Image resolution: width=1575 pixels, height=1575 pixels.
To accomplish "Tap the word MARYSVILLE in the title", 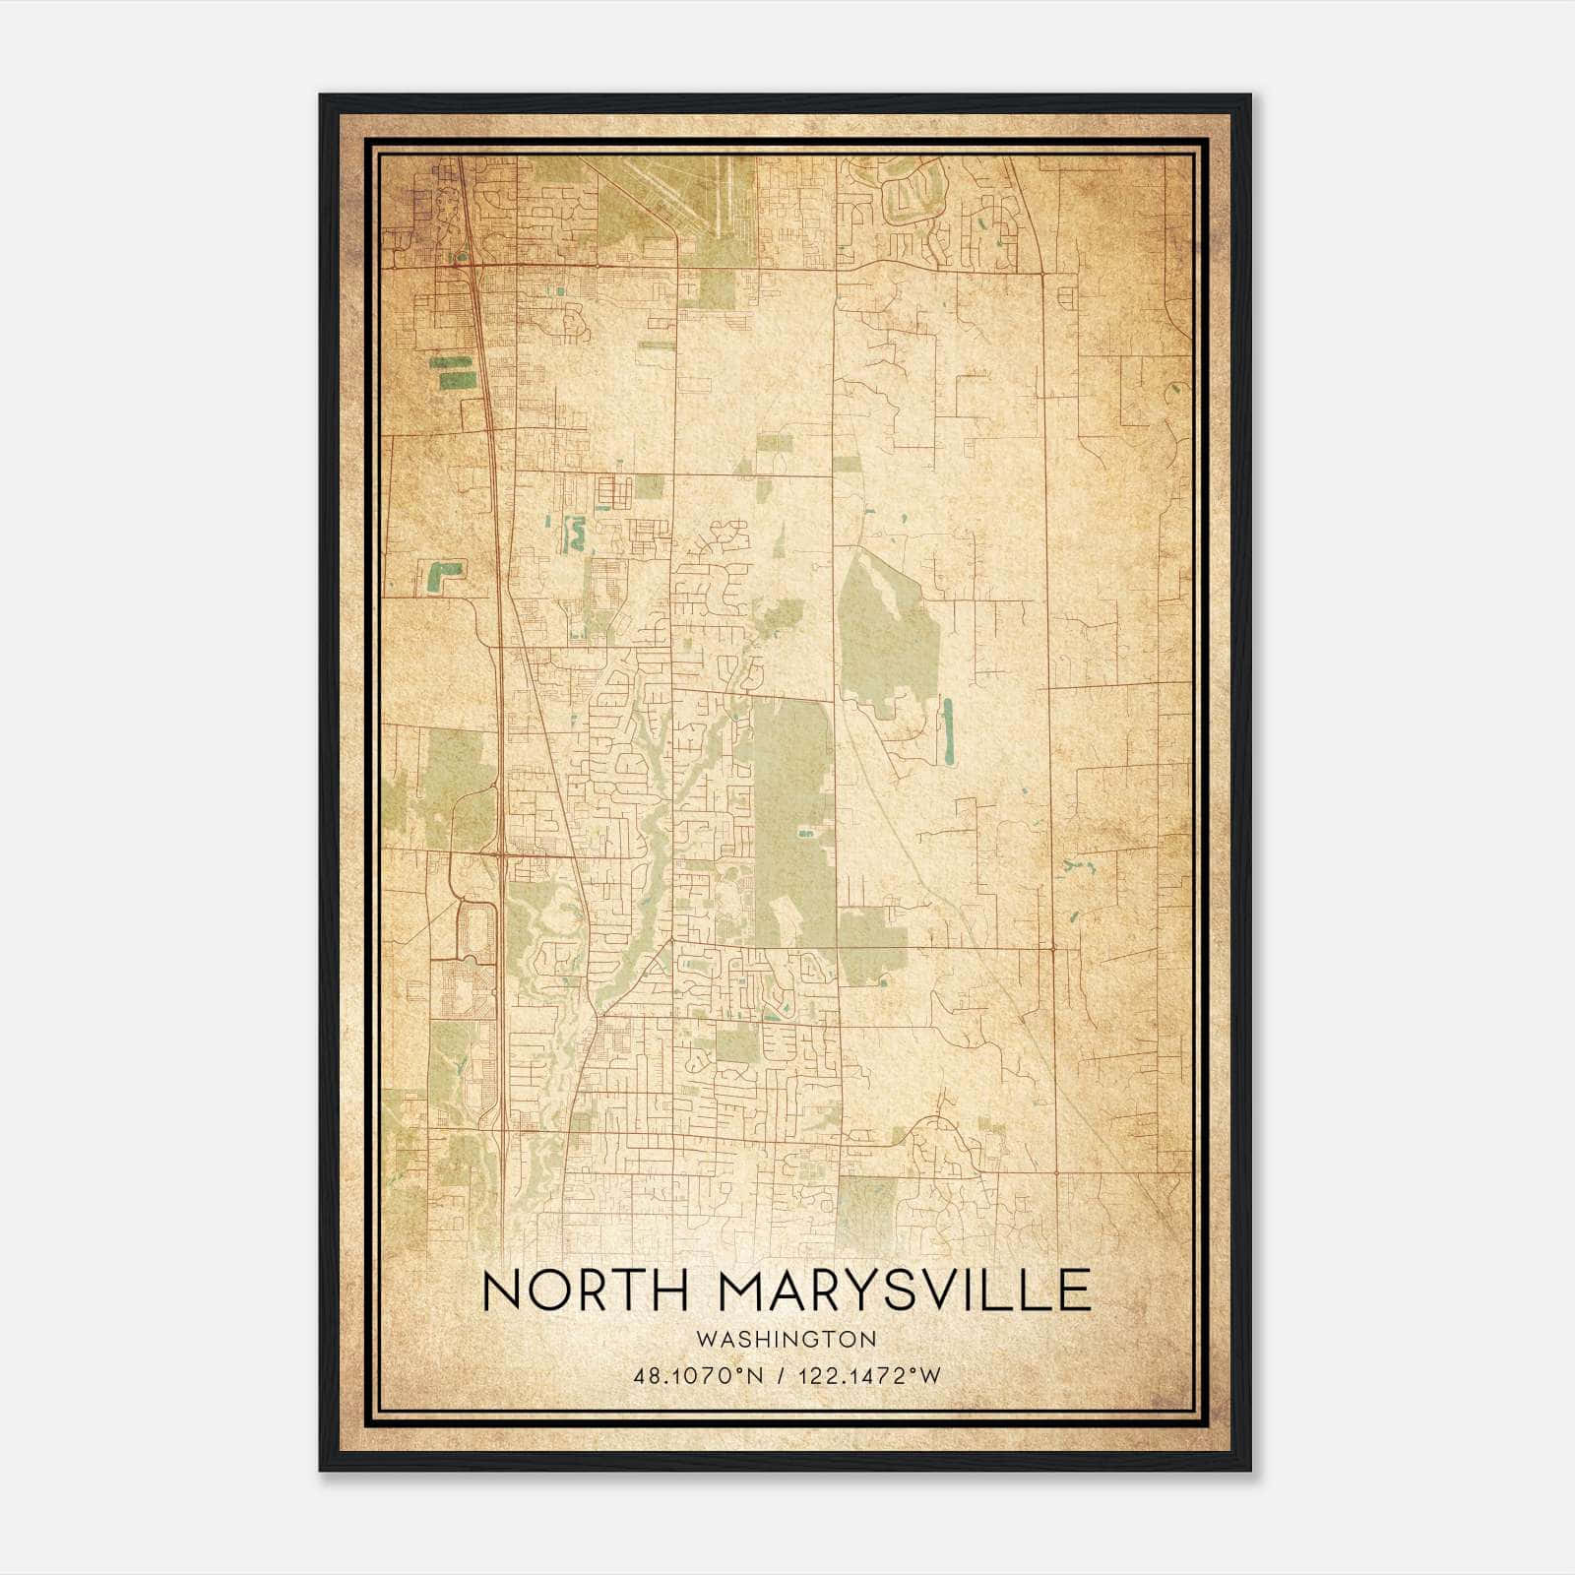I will pyautogui.click(x=904, y=1291).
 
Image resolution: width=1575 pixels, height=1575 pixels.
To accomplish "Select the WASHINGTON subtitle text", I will pyautogui.click(x=785, y=1339).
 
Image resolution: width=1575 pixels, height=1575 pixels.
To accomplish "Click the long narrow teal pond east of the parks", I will pyautogui.click(x=948, y=731).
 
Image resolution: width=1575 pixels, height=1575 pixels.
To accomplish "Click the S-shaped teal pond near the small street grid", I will pyautogui.click(x=572, y=533).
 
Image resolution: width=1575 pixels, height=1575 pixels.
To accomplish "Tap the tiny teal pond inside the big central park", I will pyautogui.click(x=805, y=834).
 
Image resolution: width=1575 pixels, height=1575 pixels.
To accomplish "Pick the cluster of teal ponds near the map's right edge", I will pyautogui.click(x=1077, y=869).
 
